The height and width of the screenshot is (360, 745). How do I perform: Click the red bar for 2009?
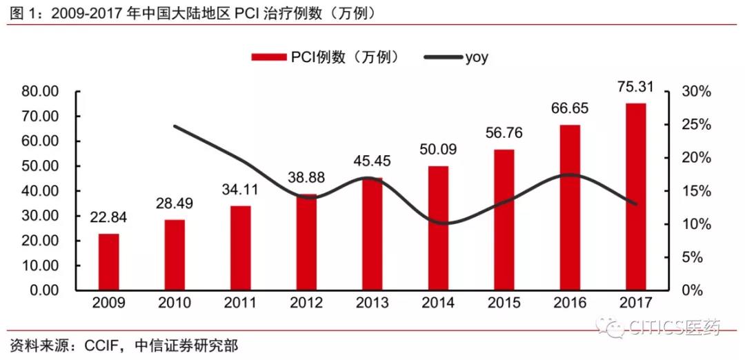click(108, 262)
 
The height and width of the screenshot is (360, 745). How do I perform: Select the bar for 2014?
click(438, 228)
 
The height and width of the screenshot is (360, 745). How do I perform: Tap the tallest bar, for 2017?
click(636, 197)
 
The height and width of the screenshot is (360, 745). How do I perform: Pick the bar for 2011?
click(240, 248)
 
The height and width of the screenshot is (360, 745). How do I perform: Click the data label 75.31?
click(636, 88)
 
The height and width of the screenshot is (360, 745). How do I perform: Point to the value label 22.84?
click(108, 218)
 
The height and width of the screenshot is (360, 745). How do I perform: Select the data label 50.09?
click(438, 150)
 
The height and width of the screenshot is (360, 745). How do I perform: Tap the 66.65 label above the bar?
click(570, 109)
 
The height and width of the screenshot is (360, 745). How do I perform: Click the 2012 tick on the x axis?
click(306, 303)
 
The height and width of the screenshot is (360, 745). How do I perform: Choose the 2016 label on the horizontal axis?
click(570, 303)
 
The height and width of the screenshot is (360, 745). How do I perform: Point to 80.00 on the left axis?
click(40, 92)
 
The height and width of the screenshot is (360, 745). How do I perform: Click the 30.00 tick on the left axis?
click(40, 216)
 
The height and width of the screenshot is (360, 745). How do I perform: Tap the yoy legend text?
click(476, 58)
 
